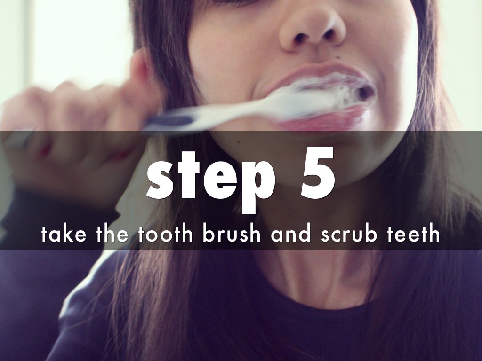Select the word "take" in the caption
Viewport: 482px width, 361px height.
coord(64,234)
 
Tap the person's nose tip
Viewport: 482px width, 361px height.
coord(312,29)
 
